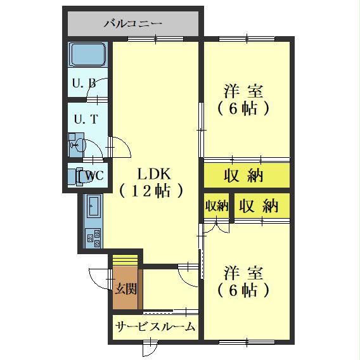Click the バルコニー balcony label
(x=133, y=24)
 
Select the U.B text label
(x=84, y=83)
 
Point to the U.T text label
(x=85, y=119)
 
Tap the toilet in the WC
(x=81, y=176)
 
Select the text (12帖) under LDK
(x=152, y=190)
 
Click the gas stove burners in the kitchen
(x=93, y=238)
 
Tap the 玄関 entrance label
(x=125, y=289)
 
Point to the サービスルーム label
(x=155, y=327)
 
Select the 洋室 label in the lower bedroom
(x=243, y=274)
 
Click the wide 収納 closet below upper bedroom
(x=243, y=176)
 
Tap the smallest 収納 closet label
(x=216, y=206)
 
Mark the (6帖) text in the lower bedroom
(x=243, y=291)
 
